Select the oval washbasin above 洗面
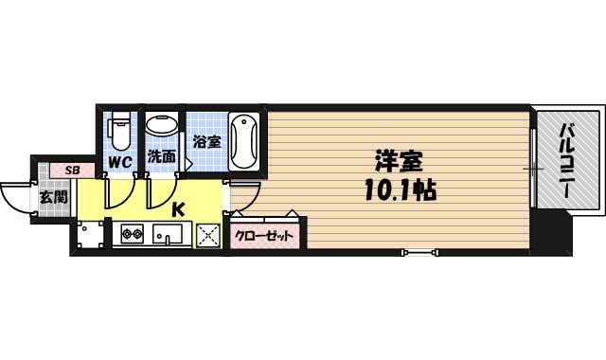point(162,126)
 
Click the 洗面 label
point(162,157)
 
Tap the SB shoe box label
point(71,171)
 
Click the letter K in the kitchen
point(178,209)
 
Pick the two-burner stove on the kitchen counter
point(132,233)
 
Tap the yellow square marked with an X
point(207,235)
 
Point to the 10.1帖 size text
point(398,189)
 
